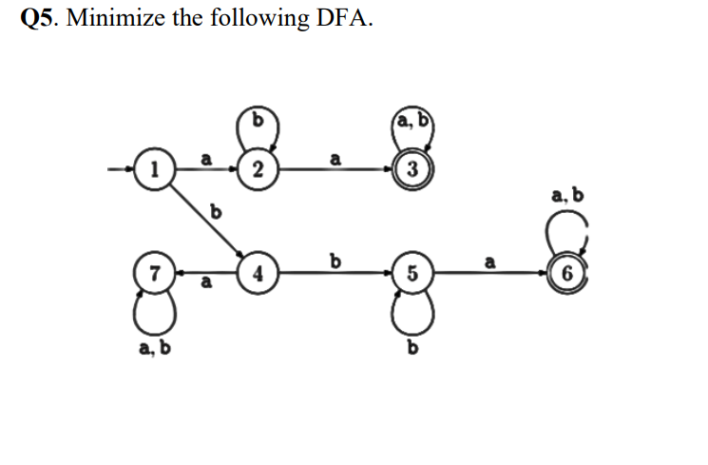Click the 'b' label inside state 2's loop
pyautogui.click(x=257, y=120)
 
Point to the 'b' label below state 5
pyautogui.click(x=411, y=351)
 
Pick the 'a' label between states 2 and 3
pyautogui.click(x=334, y=160)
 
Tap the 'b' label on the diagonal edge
pyautogui.click(x=215, y=211)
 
